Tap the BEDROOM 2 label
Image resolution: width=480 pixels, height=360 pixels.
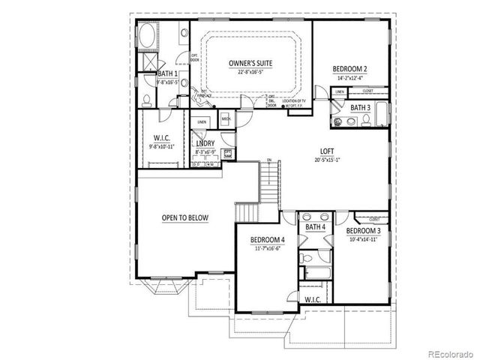349,69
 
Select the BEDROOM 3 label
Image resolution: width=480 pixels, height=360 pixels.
364,231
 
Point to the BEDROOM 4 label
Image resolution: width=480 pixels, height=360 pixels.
268,239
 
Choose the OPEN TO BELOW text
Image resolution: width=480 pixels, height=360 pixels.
184,218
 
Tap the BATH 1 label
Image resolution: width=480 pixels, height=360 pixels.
167,74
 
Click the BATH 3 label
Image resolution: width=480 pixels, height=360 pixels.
361,108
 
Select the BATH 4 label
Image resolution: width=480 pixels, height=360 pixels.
315,226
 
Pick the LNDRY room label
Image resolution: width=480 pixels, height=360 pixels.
205,143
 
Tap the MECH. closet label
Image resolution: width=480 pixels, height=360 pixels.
226,118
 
